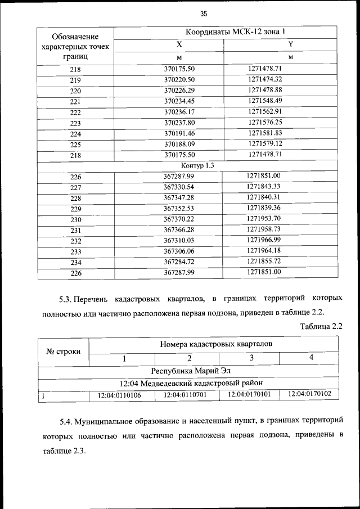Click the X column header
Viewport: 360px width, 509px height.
[179, 44]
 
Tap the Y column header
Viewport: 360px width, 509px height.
[290, 44]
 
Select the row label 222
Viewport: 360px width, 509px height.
[76, 112]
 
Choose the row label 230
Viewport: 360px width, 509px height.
[76, 220]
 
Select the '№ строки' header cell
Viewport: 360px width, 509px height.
[63, 352]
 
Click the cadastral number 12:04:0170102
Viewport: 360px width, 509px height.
[309, 395]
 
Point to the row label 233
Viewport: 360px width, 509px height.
[76, 252]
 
